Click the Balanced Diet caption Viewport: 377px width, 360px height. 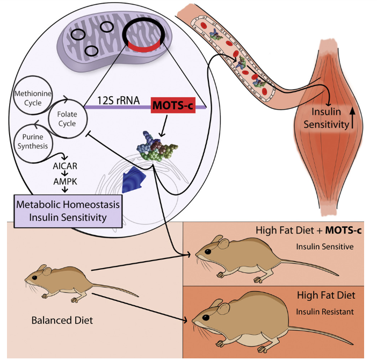(x=63, y=321)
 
